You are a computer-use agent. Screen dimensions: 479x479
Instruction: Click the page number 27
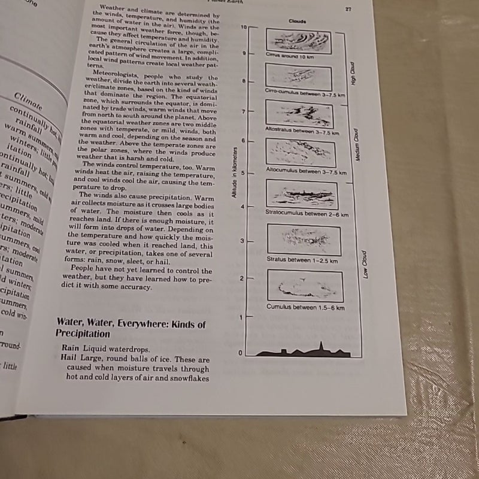[x=347, y=9]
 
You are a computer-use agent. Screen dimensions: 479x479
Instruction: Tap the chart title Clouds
[x=298, y=21]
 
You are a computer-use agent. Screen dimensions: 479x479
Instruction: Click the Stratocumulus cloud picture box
[x=302, y=193]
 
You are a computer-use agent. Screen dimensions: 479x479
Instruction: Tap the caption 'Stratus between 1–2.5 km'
[x=302, y=260]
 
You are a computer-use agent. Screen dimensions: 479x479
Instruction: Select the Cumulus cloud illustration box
[x=305, y=286]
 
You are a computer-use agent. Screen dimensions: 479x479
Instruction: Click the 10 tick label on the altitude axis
[x=243, y=27]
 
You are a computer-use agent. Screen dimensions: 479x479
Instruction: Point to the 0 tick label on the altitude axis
[x=241, y=353]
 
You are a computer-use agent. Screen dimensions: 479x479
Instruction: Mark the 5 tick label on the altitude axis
[x=242, y=173]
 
